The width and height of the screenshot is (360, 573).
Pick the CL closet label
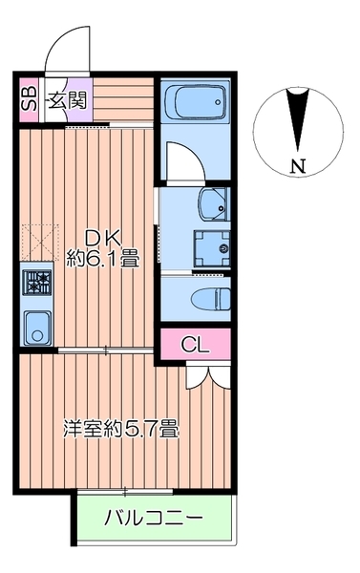coord(195,345)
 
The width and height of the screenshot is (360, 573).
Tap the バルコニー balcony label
coord(153,520)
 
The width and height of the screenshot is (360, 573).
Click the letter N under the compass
coord(299,166)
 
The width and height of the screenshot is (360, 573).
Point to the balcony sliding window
coord(125,491)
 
